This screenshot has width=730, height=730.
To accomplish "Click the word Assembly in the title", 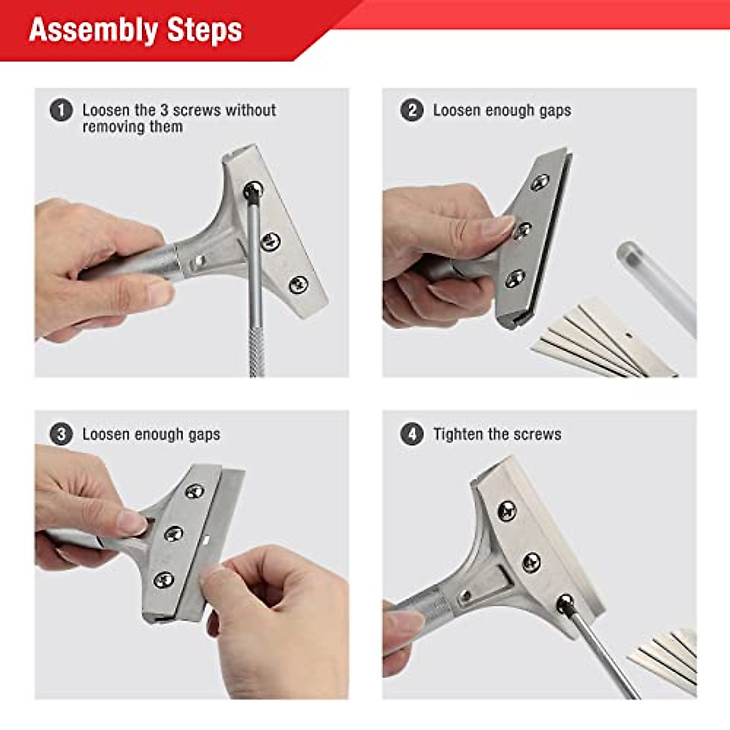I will coord(93,30).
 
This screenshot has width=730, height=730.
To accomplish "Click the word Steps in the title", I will coord(204,30).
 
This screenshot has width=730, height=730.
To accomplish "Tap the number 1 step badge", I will coord(61,111).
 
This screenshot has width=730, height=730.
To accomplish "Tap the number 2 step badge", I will coord(412,111).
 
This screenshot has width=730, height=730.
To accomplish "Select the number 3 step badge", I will coord(61,434).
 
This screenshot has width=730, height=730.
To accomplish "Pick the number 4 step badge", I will coord(412,434).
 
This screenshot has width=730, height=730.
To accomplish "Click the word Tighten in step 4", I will coord(457,434).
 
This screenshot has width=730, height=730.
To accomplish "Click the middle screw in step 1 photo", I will coord(271,242).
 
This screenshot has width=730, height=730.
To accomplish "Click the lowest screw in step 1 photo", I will coord(298,284).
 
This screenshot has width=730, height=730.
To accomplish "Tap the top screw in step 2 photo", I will coord(540,182).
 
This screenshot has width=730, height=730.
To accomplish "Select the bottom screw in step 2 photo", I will coord(515,279).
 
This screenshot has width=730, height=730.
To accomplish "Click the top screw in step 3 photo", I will coord(195,490).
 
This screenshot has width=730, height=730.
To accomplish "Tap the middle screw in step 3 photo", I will coord(174,534).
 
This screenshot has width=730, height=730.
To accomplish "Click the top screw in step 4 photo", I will coord(507,511).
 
